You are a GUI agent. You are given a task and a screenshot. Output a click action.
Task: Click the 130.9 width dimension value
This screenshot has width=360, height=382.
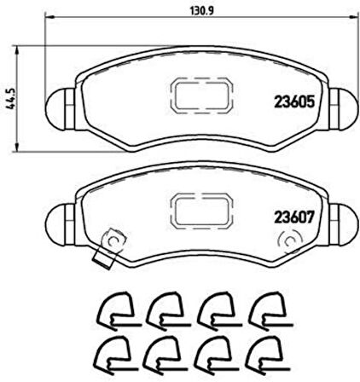[x=201, y=11]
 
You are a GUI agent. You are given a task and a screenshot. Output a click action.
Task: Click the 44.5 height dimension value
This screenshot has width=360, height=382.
[x=12, y=99]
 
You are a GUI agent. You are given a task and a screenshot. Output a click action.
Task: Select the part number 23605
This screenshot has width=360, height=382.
[x=294, y=101]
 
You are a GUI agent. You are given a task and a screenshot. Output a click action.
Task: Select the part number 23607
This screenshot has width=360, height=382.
[x=294, y=217]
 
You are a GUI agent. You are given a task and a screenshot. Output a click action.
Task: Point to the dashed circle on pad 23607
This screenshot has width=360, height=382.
[x=291, y=241]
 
